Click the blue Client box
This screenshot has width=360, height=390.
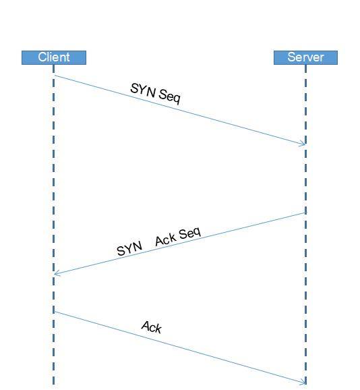point(54,58)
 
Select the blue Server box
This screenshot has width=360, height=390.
point(305,58)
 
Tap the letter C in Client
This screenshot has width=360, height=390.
point(42,57)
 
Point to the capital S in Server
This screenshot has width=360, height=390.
point(292,57)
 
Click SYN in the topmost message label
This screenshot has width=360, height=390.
point(143,90)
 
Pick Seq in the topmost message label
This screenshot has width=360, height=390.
point(169,96)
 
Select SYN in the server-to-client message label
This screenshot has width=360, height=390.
point(129,248)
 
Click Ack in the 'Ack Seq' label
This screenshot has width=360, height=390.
point(166,240)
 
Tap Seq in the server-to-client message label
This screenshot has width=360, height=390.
point(189,233)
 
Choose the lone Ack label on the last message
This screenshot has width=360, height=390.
point(152,327)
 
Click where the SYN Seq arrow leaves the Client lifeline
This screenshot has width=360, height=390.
point(55,76)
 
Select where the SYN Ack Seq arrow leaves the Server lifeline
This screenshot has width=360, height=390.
point(305,213)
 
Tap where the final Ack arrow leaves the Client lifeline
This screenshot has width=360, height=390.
point(55,312)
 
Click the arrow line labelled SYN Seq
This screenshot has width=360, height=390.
point(180,110)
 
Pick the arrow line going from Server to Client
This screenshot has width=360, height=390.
point(180,244)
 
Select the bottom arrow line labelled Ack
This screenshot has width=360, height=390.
point(180,347)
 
